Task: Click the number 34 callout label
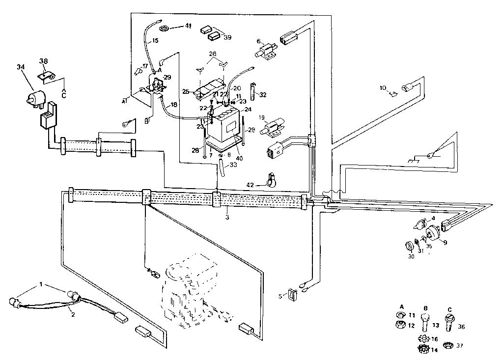20,67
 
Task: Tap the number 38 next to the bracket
44,61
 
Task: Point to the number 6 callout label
259,41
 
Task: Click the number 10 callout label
383,88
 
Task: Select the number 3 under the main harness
227,216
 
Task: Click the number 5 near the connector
280,296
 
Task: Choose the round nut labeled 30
408,246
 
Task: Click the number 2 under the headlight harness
73,315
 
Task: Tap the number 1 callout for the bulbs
41,285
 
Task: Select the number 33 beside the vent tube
233,165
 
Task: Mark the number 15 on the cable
155,41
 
